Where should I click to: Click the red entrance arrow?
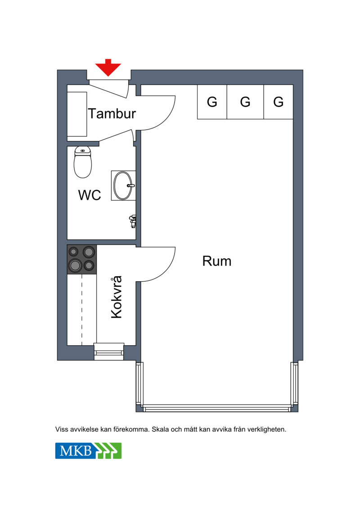(108, 68)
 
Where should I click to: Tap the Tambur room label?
(112, 113)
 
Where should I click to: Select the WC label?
(90, 195)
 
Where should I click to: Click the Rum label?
(217, 261)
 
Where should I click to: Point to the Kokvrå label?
(117, 297)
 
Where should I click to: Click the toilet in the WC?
(83, 162)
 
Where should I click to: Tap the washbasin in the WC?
(123, 185)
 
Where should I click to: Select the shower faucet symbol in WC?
(132, 221)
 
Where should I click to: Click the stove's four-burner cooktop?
(82, 259)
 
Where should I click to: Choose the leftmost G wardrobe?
(212, 102)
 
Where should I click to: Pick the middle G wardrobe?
(245, 102)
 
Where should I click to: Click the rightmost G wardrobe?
(278, 102)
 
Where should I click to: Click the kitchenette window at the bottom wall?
(109, 352)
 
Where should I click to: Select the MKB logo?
(88, 450)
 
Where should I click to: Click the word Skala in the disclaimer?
(160, 429)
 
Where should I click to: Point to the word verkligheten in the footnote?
(267, 429)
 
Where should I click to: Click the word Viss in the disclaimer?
(62, 429)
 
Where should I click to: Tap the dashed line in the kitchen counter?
(82, 310)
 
